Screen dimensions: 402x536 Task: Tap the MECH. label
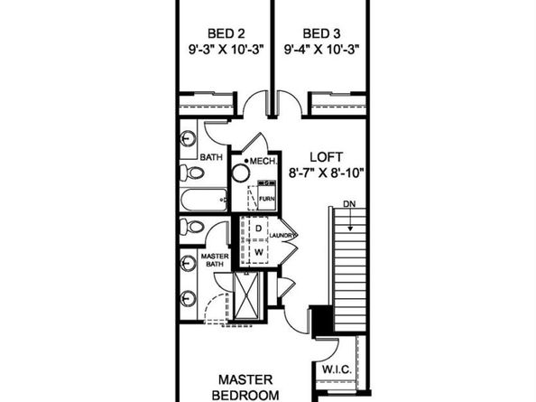(262, 163)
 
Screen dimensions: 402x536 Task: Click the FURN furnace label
(266, 196)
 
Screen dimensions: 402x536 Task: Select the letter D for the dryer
(257, 229)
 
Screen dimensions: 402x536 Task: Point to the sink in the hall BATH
(188, 140)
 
